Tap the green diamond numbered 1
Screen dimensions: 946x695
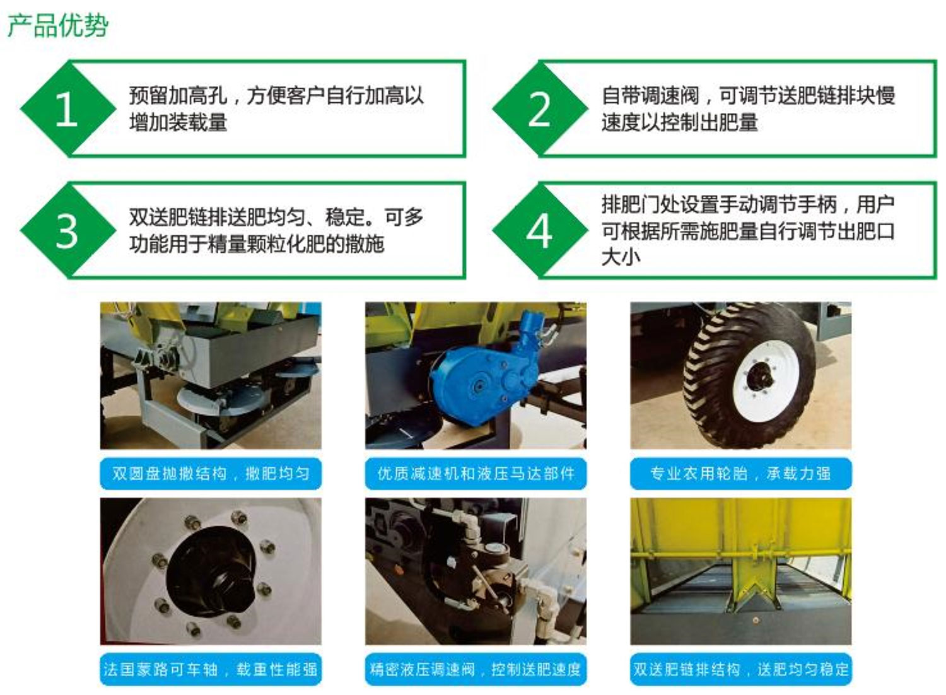[67, 108]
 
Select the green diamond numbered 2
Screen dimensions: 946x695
[540, 108]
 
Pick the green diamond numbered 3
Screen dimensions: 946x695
[67, 231]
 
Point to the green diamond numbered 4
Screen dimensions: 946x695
[540, 231]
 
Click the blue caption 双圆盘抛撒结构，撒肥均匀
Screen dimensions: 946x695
[211, 474]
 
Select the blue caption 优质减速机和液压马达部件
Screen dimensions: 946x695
[476, 474]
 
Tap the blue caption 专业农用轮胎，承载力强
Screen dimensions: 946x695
[741, 474]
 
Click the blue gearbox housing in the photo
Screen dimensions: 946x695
[477, 380]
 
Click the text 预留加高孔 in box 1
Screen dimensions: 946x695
[178, 95]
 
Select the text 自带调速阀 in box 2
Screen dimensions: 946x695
[650, 95]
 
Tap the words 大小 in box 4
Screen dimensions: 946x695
[621, 257]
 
